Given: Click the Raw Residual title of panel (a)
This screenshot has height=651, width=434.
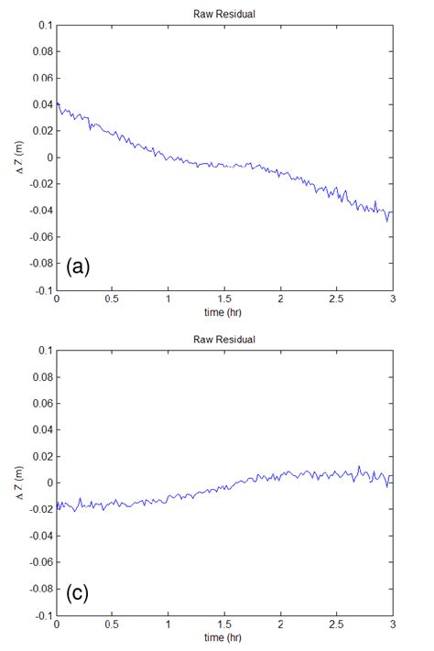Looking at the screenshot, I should pyautogui.click(x=224, y=15).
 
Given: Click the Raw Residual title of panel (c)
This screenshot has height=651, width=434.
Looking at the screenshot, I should pyautogui.click(x=224, y=340).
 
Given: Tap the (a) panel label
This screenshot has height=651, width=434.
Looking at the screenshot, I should pyautogui.click(x=78, y=266).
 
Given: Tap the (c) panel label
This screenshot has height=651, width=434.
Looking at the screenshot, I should pyautogui.click(x=78, y=592).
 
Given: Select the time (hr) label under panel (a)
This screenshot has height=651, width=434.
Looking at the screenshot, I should pyautogui.click(x=225, y=311).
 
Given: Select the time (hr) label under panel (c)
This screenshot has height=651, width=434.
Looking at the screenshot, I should pyautogui.click(x=225, y=637).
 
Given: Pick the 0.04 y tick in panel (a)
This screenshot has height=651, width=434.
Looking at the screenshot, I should pyautogui.click(x=41, y=104).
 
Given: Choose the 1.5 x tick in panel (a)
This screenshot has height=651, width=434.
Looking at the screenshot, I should pyautogui.click(x=225, y=299).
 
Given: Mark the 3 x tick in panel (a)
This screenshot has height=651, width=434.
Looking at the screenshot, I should pyautogui.click(x=393, y=299).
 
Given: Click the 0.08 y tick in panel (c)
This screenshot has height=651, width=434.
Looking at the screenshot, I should pyautogui.click(x=41, y=376).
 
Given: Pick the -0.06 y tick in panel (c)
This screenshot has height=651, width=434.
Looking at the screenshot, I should pyautogui.click(x=40, y=562).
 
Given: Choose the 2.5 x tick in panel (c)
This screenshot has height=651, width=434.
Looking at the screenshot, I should pyautogui.click(x=337, y=624).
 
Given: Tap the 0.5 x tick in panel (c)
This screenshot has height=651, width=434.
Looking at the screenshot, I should pyautogui.click(x=113, y=624).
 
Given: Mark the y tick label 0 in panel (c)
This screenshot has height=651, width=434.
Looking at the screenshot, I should pyautogui.click(x=49, y=483).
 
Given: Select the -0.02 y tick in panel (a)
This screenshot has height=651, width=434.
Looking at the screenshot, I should pyautogui.click(x=40, y=184).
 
